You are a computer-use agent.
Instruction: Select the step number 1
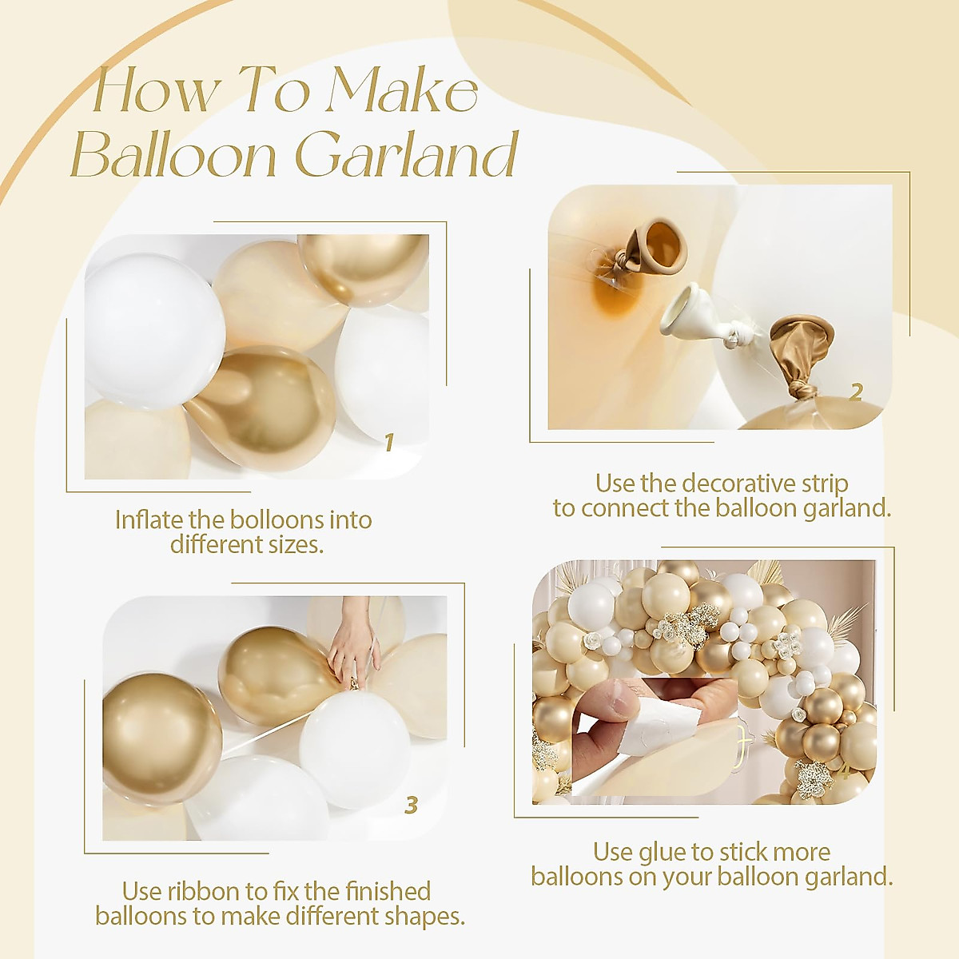389,442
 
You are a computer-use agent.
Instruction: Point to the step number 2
856,392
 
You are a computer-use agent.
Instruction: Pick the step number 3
411,805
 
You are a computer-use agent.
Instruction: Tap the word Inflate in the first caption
149,520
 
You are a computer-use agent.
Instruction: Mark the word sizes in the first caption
296,545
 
